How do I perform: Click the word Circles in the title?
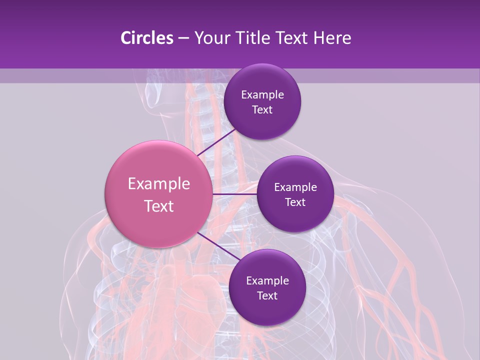[147, 38]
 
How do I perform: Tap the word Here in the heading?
[332, 38]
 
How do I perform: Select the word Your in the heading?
[210, 38]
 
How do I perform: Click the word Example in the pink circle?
[159, 184]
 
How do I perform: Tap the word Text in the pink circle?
[159, 206]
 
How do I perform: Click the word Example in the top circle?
[262, 95]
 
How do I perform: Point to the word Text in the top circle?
[262, 110]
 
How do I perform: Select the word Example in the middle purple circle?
[295, 187]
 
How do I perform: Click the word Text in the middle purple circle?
[295, 202]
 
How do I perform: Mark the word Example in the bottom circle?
[267, 281]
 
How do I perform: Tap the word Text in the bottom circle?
[267, 296]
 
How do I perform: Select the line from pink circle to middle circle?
[235, 194]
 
